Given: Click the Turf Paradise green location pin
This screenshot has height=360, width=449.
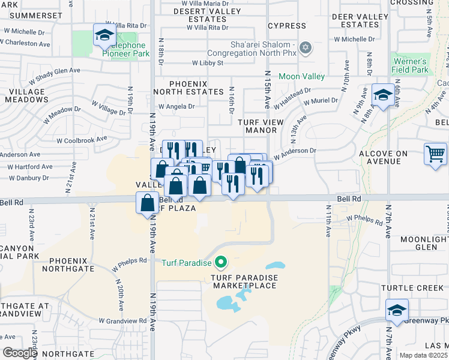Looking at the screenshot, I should pos(221,262).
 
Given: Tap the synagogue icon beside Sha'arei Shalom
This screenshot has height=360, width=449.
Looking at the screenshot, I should pos(306,47).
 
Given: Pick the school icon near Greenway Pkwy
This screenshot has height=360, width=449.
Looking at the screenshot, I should pos(397,310).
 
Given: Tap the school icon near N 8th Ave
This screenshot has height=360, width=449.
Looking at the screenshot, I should pos(382,95).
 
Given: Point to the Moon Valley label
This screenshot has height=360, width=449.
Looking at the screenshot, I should pos(301,76).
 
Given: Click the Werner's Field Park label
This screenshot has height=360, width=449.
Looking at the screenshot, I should pos(411,65).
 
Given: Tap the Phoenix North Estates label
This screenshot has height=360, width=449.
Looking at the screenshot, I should pos(188,88).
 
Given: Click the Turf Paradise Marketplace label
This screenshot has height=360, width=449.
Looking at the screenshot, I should pos(243,281).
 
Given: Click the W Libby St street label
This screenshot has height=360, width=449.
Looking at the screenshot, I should pos(208,62).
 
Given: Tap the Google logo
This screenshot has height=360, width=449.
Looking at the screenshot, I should pos(20,353).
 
